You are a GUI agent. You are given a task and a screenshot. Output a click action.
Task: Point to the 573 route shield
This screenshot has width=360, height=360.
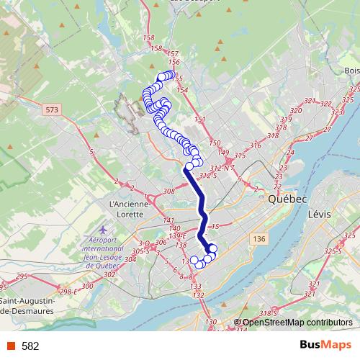tap(51, 110)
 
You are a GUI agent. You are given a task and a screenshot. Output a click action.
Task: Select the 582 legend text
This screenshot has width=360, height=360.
tap(30, 346)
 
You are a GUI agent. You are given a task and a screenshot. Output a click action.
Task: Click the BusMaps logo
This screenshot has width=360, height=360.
tap(323, 345)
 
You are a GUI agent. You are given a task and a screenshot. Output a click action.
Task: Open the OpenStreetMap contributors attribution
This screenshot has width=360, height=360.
tap(297, 323)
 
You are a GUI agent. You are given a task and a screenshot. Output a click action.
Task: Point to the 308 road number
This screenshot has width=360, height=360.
tap(169, 192)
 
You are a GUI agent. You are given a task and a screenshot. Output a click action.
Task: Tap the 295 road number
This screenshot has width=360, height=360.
tap(21, 276)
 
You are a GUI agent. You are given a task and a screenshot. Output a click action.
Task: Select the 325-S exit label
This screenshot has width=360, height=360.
tap(333, 251)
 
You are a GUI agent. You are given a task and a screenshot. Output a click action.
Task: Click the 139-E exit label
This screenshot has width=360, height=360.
tap(178, 235)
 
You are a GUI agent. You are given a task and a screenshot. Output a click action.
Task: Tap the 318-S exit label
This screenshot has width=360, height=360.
tap(268, 313)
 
